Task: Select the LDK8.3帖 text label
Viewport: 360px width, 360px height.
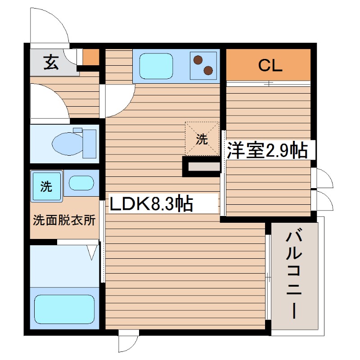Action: pos(152,204)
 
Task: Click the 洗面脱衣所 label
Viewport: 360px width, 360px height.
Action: pos(64,220)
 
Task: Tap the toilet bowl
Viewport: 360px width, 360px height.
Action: pos(67,144)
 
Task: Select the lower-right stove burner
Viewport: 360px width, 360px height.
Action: pos(208,70)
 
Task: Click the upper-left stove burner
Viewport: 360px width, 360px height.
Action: pos(198,58)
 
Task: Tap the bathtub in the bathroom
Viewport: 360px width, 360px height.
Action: pos(64,310)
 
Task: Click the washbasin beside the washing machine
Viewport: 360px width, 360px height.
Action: pos(81,183)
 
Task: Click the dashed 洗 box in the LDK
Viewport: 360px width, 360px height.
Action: pos(202,139)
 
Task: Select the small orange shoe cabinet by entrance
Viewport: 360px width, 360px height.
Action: pos(91,57)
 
